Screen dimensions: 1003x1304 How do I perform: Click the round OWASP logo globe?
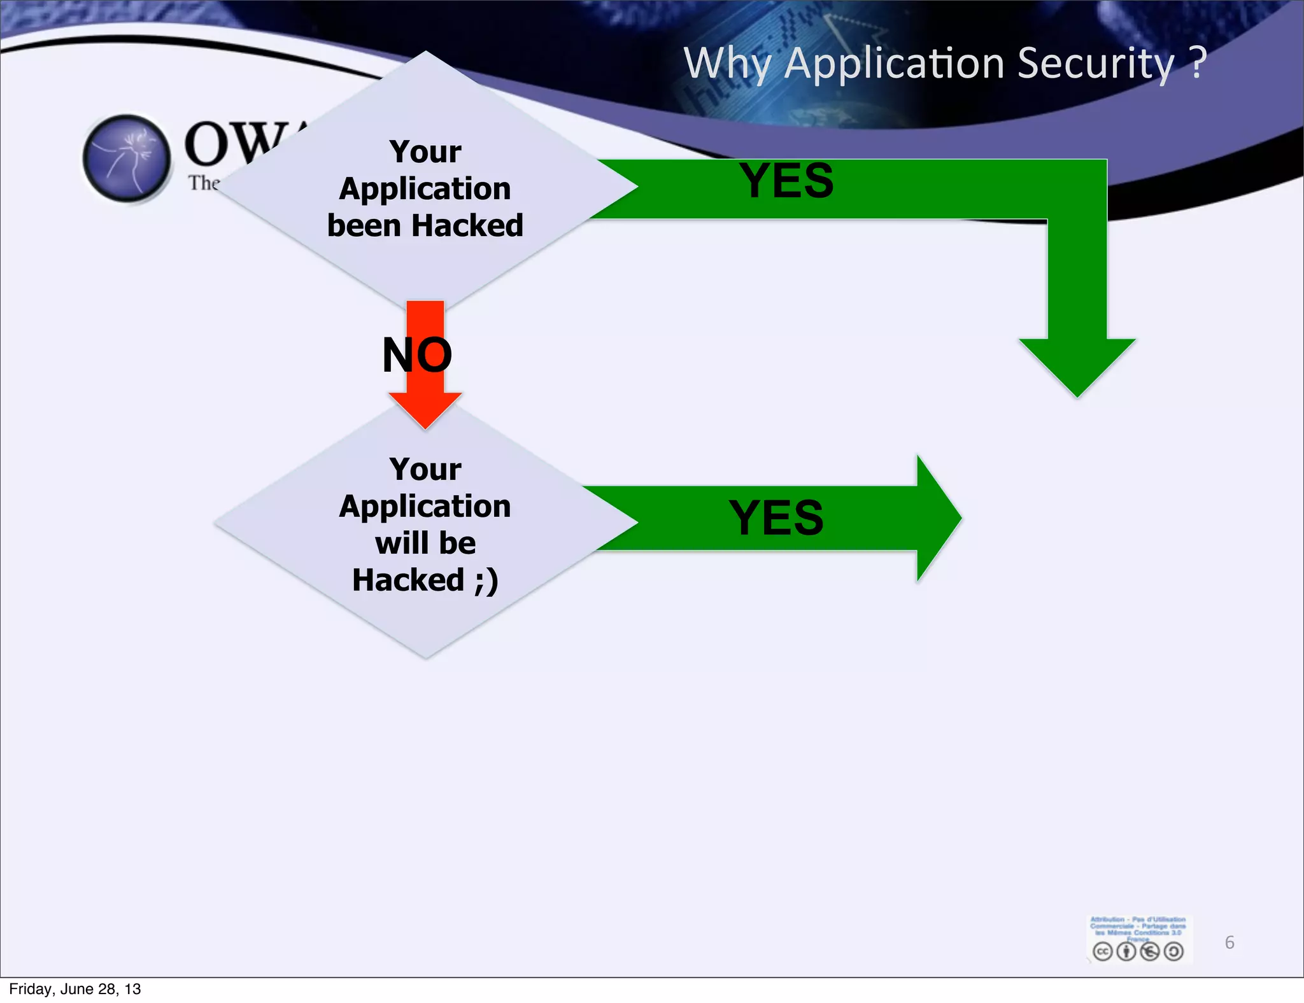coord(127,158)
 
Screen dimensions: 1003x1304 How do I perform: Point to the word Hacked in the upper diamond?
coord(467,225)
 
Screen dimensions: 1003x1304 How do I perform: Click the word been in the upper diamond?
coord(364,225)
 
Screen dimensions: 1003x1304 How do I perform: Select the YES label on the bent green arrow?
coord(786,181)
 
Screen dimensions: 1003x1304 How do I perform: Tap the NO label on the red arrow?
coord(417,354)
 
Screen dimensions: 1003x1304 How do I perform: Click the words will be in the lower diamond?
coord(425,543)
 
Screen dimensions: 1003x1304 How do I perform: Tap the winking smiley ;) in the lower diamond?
coord(486,580)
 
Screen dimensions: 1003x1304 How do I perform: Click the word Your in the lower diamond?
coord(425,470)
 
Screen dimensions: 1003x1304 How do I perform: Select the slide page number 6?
coord(1229,943)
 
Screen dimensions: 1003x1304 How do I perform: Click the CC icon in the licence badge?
coord(1102,951)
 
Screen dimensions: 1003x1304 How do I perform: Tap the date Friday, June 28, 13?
coord(74,989)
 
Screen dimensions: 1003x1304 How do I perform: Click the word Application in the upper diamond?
coord(425,189)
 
